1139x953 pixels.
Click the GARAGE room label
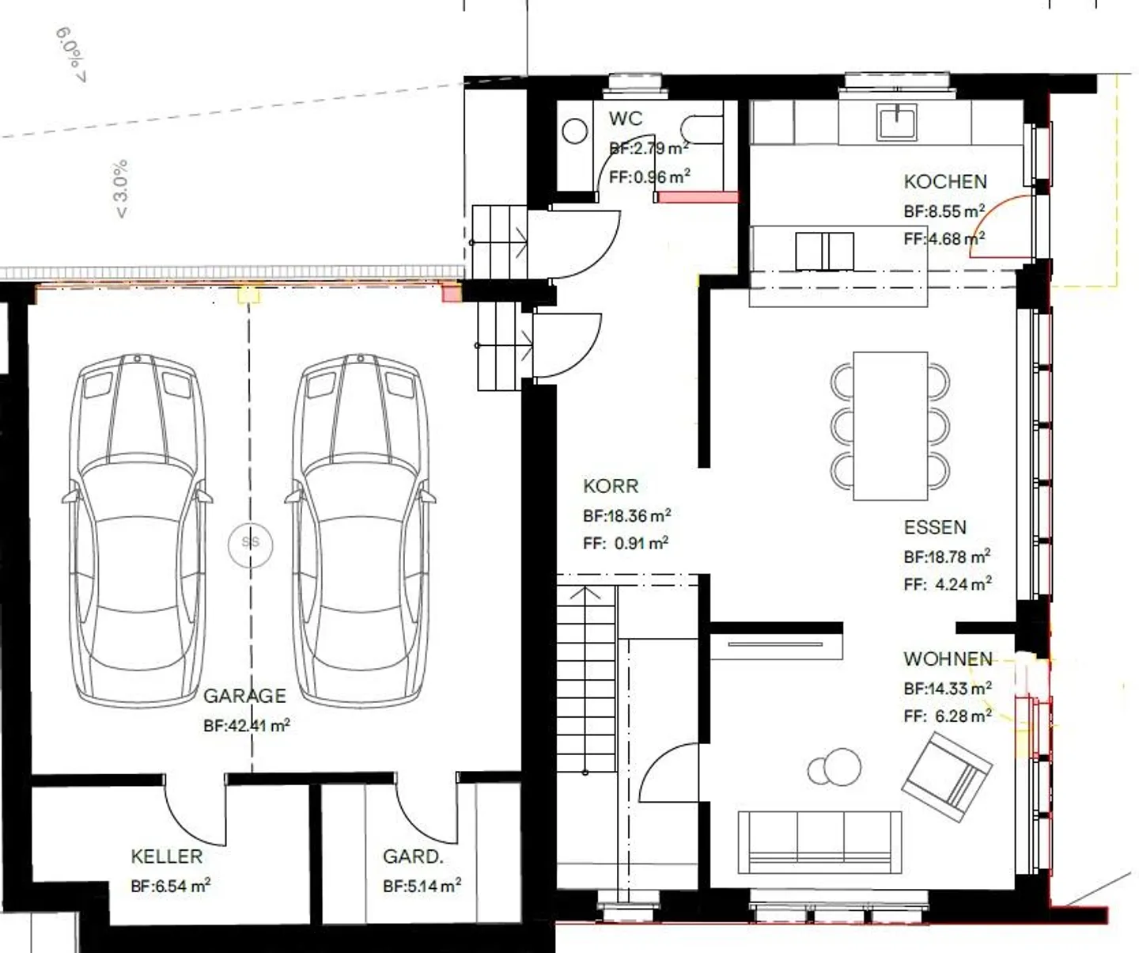pyautogui.click(x=244, y=696)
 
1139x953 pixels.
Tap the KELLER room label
pyautogui.click(x=166, y=856)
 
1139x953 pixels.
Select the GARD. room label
pyautogui.click(x=413, y=856)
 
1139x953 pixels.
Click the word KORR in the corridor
pyautogui.click(x=610, y=486)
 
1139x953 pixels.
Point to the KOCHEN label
pyautogui.click(x=945, y=181)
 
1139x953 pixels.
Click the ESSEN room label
pyautogui.click(x=935, y=527)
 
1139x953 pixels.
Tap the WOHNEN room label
pyautogui.click(x=948, y=659)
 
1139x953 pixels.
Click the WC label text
pyautogui.click(x=625, y=119)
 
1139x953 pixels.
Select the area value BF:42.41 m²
pyautogui.click(x=246, y=725)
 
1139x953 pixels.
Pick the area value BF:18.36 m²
pyautogui.click(x=626, y=515)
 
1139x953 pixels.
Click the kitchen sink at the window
pyautogui.click(x=896, y=122)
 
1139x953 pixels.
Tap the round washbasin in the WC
pyautogui.click(x=575, y=131)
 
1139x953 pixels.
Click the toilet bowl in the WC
pyautogui.click(x=701, y=130)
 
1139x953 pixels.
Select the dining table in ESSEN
pyautogui.click(x=890, y=426)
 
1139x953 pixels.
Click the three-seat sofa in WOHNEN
pyautogui.click(x=819, y=841)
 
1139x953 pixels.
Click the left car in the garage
pyautogui.click(x=138, y=530)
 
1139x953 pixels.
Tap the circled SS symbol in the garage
pyautogui.click(x=250, y=542)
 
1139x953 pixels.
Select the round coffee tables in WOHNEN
pyautogui.click(x=836, y=766)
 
